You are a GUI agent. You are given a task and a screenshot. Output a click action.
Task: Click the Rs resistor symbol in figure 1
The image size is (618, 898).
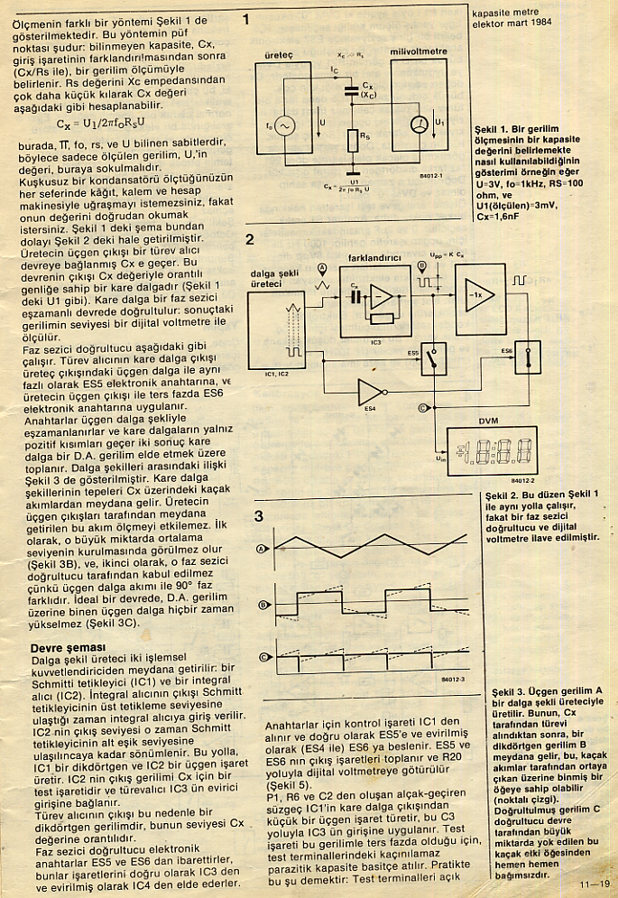pos(354,141)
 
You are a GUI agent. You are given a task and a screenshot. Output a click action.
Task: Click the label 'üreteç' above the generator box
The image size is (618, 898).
pos(279,54)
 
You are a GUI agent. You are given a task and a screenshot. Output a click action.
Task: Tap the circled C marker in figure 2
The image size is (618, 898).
pos(422,409)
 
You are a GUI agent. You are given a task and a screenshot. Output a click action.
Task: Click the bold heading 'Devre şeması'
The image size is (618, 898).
pos(69,647)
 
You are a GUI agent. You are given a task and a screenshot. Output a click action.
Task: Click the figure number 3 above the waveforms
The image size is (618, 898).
pos(258,516)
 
